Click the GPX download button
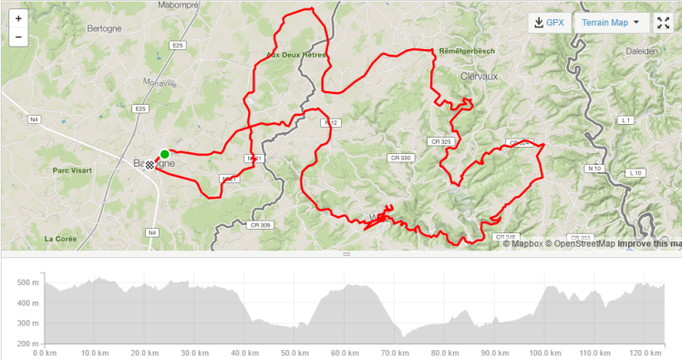point(548,23)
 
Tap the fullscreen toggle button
point(663,23)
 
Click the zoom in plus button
point(18,18)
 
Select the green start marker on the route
point(164,154)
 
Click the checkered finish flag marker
point(150,165)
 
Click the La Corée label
point(60,239)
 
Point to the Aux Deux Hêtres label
point(295,56)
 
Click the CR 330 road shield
point(401,158)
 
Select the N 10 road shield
point(595,169)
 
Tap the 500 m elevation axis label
point(27,283)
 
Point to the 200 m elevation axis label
point(27,344)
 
